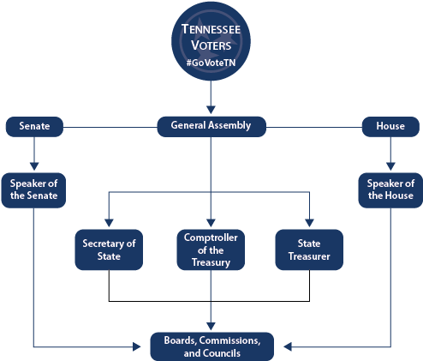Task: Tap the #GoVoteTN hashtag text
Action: (211, 64)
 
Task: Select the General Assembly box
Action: (211, 126)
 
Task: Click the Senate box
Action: (34, 126)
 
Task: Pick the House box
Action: (390, 126)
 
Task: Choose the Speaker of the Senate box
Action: (34, 189)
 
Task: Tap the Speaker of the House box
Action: (390, 189)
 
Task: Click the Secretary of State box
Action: (108, 250)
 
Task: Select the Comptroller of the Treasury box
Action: (211, 250)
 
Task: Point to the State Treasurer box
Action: (308, 250)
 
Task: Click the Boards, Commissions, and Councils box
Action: (211, 346)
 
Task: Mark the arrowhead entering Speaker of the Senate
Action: (34, 166)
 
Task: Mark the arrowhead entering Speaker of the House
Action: (390, 166)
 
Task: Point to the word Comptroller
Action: (211, 236)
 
